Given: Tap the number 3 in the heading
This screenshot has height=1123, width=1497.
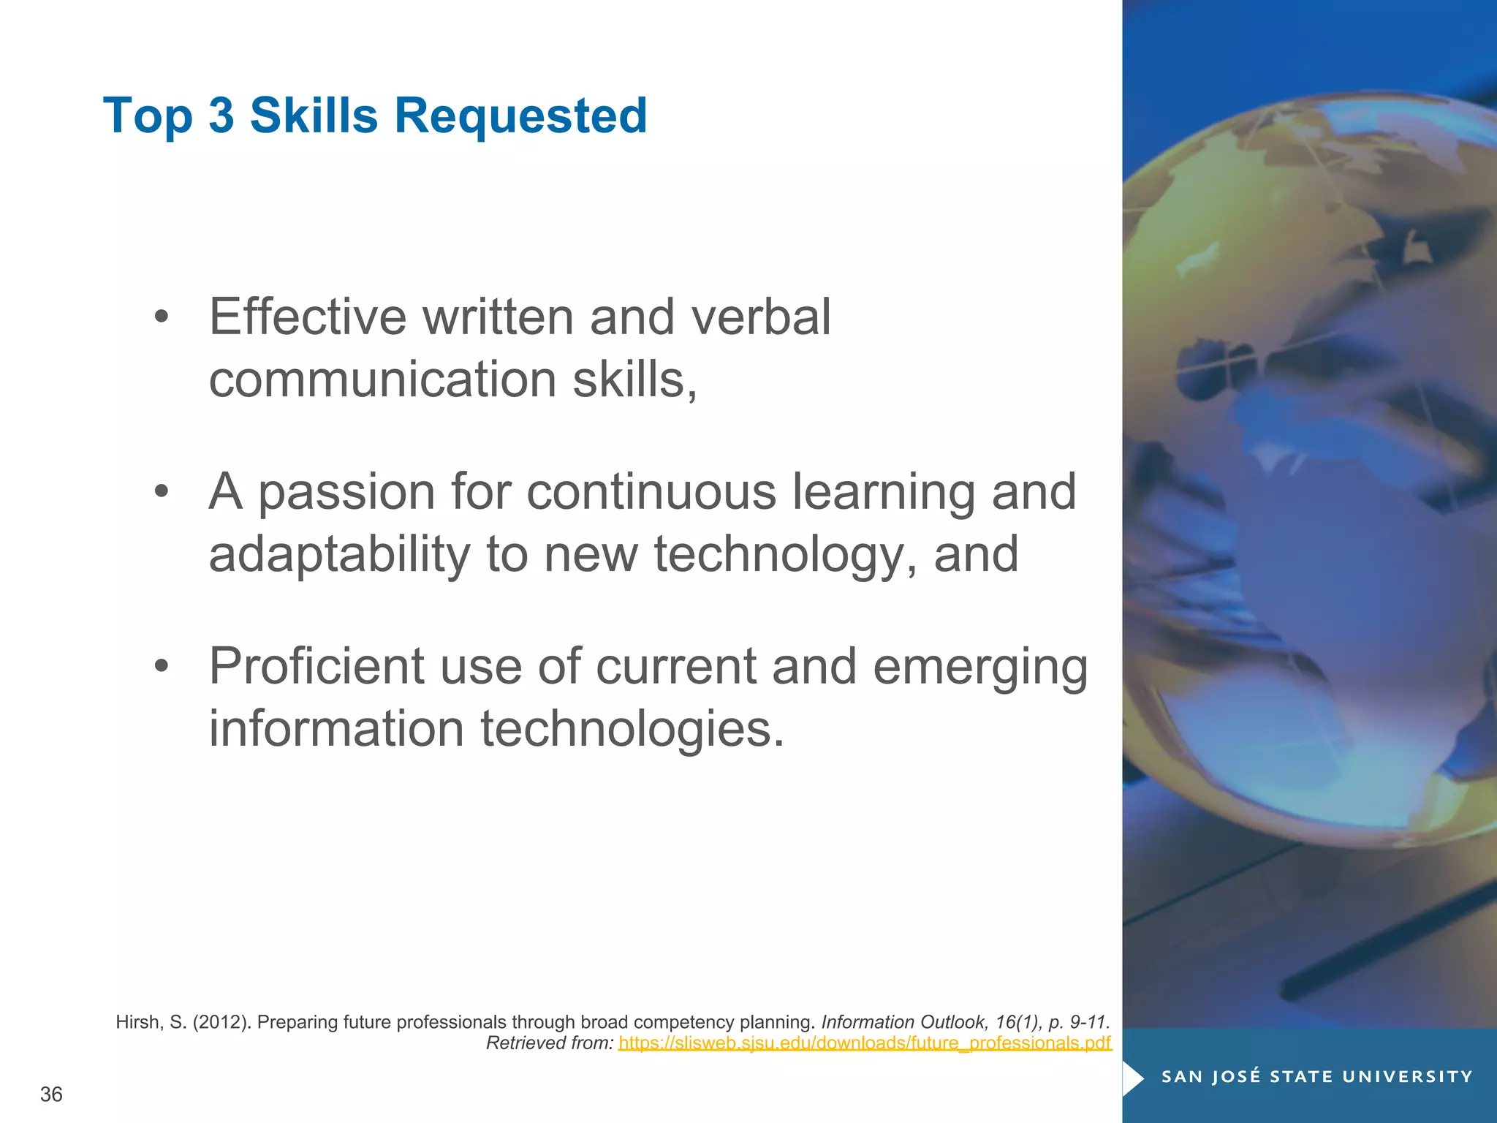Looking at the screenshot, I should click(221, 116).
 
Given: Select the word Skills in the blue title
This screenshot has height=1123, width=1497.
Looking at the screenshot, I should click(314, 116).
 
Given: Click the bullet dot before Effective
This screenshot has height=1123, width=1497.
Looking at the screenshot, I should click(162, 317).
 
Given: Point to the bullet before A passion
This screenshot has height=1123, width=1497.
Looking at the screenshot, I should click(162, 491).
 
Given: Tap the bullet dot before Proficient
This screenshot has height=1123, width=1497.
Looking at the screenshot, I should click(162, 666).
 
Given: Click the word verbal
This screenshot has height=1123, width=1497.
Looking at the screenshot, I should click(760, 317).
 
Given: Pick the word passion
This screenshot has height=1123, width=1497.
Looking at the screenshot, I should click(346, 493).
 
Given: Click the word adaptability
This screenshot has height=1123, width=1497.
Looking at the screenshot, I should click(339, 555).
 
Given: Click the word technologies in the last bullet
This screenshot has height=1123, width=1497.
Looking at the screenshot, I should click(632, 730).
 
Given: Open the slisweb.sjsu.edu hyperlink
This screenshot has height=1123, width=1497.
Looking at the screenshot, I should click(865, 1043).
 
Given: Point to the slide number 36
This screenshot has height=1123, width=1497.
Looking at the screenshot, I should click(51, 1094).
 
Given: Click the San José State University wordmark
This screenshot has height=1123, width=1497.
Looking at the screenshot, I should click(1316, 1077).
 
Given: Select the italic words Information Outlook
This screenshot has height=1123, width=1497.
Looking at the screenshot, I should click(903, 1022).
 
